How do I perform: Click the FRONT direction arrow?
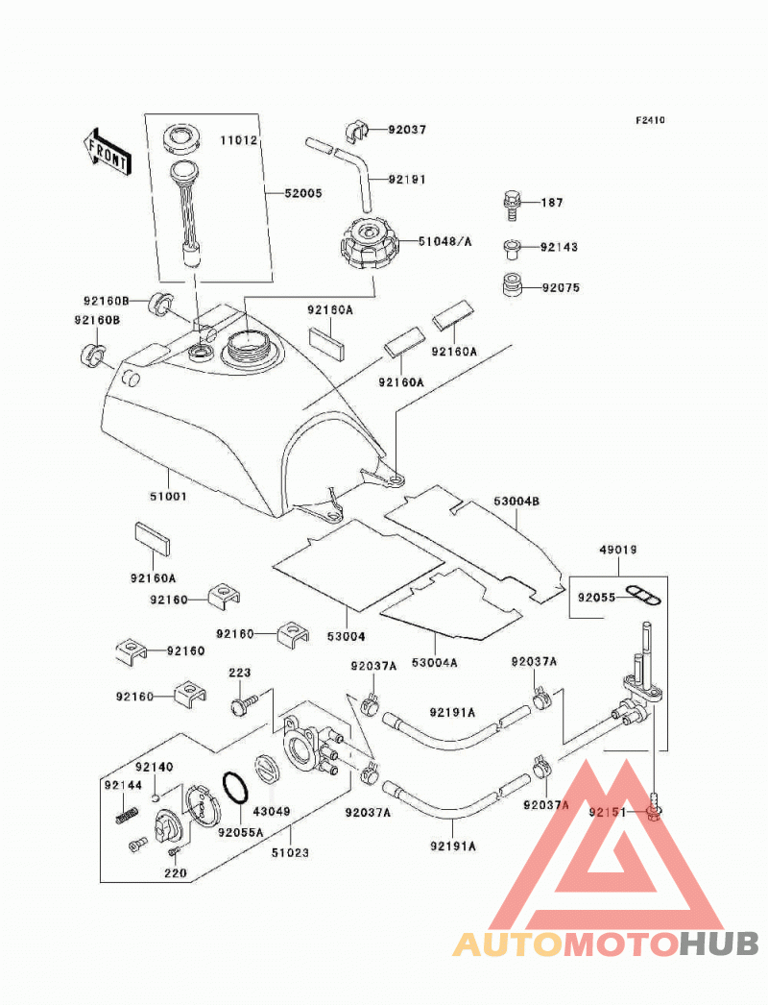pos(107,151)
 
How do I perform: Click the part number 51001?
pos(168,496)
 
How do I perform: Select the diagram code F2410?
pos(650,120)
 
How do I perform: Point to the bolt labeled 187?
pos(511,205)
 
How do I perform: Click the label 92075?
pos(561,288)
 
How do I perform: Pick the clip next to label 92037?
pos(358,130)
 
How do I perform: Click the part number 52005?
pos(303,193)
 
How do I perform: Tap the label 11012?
pos(239,139)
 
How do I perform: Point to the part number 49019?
pos(618,550)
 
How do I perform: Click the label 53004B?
pos(516,501)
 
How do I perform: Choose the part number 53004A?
pos(434,663)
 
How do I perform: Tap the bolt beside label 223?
pos(244,703)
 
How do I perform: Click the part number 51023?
pos(290,852)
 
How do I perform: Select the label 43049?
pos(272,811)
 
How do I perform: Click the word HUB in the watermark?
pos(719,944)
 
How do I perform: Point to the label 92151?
pos(608,812)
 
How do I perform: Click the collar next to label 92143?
pos(511,248)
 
